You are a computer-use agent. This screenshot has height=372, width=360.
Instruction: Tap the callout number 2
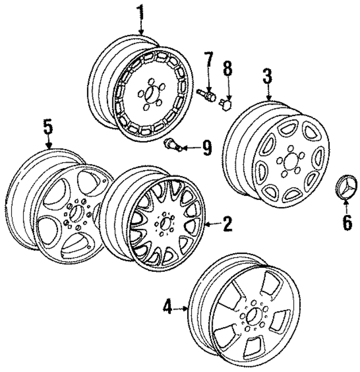pyautogui.click(x=227, y=224)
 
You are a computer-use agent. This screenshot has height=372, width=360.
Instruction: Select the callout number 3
pyautogui.click(x=268, y=76)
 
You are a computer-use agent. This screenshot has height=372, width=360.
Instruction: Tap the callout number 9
pyautogui.click(x=207, y=148)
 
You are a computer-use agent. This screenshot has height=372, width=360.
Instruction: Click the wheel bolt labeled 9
pyautogui.click(x=172, y=145)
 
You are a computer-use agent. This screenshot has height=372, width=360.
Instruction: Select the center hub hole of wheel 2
pyautogui.click(x=164, y=222)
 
